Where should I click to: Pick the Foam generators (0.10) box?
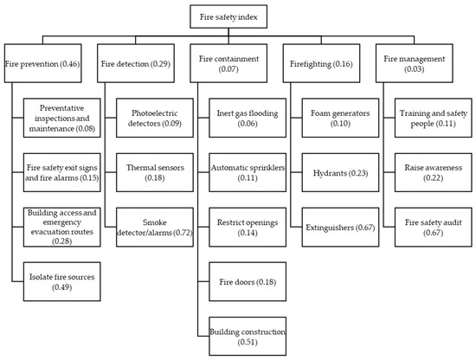(339, 117)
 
